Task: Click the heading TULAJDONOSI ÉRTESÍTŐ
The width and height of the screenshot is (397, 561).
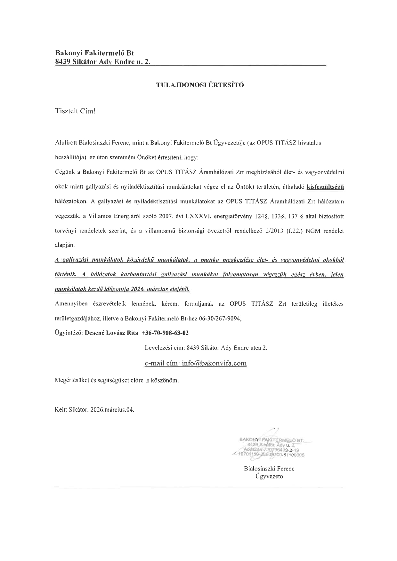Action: point(200,85)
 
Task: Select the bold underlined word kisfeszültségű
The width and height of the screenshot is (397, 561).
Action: point(325,187)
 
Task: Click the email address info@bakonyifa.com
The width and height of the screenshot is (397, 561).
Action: point(214,363)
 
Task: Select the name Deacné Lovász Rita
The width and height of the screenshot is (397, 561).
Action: point(111,333)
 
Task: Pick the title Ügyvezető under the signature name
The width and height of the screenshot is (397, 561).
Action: point(269,477)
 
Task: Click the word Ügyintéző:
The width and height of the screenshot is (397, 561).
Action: point(69,333)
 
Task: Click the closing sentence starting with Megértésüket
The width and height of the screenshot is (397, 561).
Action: point(117,380)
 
